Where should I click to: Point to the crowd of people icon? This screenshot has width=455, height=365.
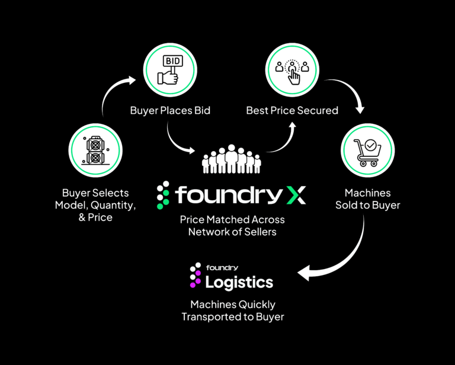coord(231,158)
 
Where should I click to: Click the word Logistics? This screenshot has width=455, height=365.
coord(239,282)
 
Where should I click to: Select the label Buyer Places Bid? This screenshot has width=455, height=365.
coord(170,110)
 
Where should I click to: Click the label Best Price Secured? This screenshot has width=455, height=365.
coord(292,110)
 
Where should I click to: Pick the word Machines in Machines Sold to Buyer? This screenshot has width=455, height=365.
coord(367,193)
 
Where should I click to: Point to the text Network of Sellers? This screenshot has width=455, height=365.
coord(232,232)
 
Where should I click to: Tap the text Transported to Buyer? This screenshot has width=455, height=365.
coord(232,317)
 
